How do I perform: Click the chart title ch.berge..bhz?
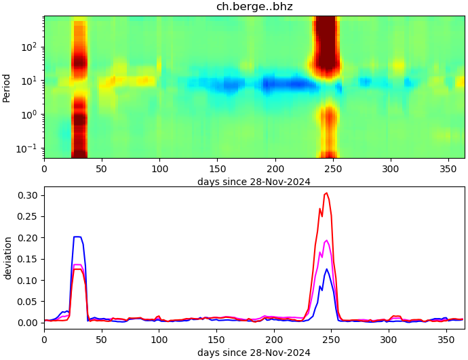pyautogui.click(x=254, y=7)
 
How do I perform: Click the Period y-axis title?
pyautogui.click(x=7, y=87)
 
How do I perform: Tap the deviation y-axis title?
pyautogui.click(x=7, y=258)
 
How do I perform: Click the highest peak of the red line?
pyautogui.click(x=327, y=193)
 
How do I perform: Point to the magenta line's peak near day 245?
pyautogui.click(x=327, y=240)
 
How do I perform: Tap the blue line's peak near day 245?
pyautogui.click(x=327, y=269)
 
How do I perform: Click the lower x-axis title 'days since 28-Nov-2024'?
pyautogui.click(x=254, y=353)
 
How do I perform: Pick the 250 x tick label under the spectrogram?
pyautogui.click(x=332, y=168)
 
